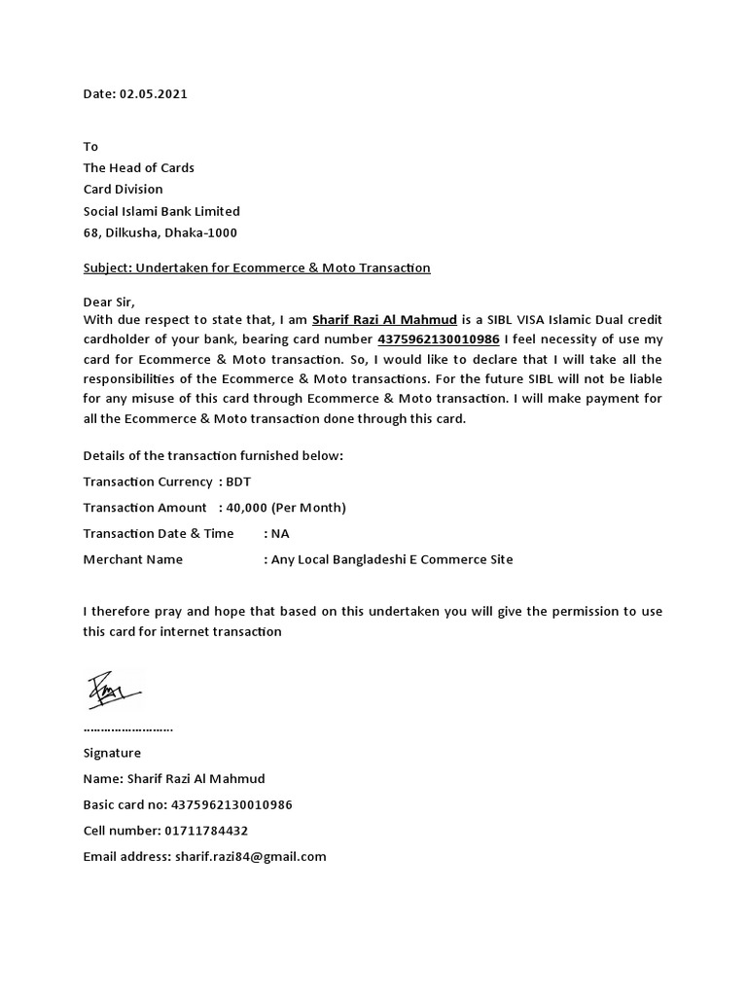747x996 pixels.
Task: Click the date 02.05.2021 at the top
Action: (x=154, y=94)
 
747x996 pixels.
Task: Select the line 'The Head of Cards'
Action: (x=139, y=167)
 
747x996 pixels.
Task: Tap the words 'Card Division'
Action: (x=124, y=189)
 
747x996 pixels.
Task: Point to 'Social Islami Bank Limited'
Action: (x=161, y=211)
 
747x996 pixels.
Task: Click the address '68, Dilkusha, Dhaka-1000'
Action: (x=160, y=232)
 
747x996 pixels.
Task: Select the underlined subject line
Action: (x=257, y=267)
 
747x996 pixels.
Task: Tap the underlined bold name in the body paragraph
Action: (x=384, y=320)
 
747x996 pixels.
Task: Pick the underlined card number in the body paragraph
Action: (x=438, y=339)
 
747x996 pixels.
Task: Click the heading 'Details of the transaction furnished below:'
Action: (x=213, y=455)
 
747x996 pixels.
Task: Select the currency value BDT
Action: (x=238, y=481)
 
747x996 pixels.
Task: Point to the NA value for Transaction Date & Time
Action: (x=280, y=533)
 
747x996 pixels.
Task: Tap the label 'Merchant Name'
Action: (x=133, y=559)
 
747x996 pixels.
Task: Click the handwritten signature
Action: (x=114, y=692)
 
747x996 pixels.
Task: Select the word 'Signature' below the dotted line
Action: (x=112, y=753)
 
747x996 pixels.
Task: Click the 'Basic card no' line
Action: (x=188, y=804)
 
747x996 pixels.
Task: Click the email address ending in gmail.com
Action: (x=250, y=857)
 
